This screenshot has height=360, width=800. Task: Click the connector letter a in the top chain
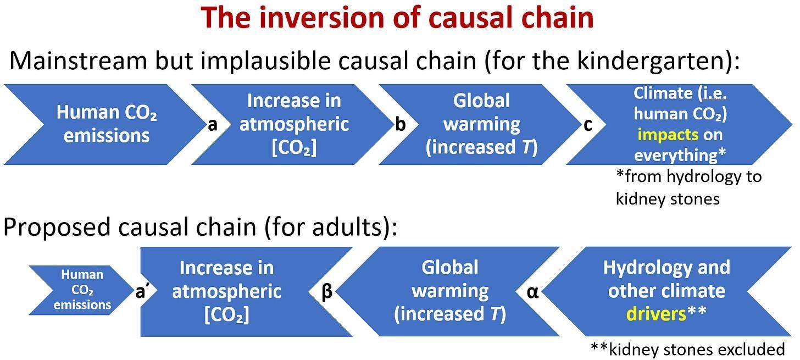[213, 125]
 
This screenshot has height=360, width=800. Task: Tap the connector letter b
[400, 124]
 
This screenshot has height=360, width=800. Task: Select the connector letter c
[587, 125]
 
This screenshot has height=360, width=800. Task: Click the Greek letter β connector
[326, 291]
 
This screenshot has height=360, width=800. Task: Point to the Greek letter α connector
[532, 291]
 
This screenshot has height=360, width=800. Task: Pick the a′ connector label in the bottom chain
[141, 291]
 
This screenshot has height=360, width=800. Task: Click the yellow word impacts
[668, 135]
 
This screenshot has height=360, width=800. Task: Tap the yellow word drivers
[656, 314]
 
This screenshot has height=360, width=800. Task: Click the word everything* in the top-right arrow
[680, 155]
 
